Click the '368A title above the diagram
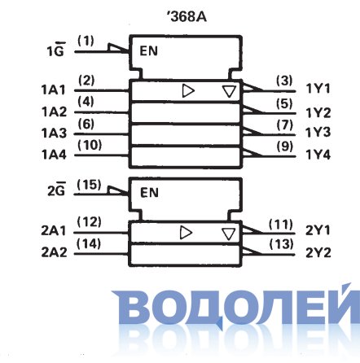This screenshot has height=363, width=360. pyautogui.click(x=187, y=17)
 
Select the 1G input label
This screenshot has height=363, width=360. pyautogui.click(x=56, y=50)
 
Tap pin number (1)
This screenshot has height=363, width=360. pyautogui.click(x=86, y=41)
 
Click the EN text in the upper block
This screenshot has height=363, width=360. pyautogui.click(x=148, y=51)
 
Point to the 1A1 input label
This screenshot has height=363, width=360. pyautogui.click(x=54, y=90)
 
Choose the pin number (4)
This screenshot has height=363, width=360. pyautogui.click(x=86, y=102)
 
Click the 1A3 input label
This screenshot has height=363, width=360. pyautogui.click(x=54, y=133)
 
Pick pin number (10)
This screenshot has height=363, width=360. pyautogui.click(x=90, y=145)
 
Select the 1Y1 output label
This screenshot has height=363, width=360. pyautogui.click(x=318, y=89)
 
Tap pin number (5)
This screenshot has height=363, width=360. pyautogui.click(x=284, y=104)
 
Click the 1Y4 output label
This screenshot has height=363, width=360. pyautogui.click(x=318, y=155)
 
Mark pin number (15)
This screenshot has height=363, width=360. pyautogui.click(x=90, y=185)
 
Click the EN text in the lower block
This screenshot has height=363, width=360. pyautogui.click(x=149, y=193)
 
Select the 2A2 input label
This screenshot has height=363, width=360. pyautogui.click(x=54, y=252)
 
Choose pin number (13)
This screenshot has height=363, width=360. pyautogui.click(x=282, y=244)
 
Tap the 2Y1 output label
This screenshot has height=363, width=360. pyautogui.click(x=318, y=230)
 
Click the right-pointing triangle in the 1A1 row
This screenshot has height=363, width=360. pyautogui.click(x=188, y=91)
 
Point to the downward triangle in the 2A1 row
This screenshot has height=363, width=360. pyautogui.click(x=228, y=234)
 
